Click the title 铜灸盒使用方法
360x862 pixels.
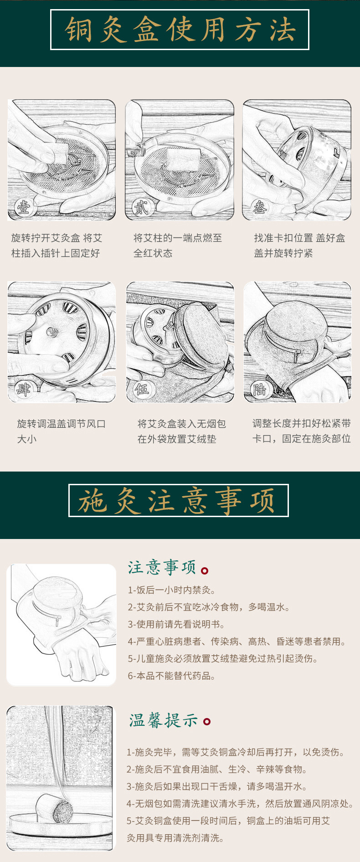pyautogui.click(x=180, y=30)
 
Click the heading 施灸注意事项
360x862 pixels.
pyautogui.click(x=178, y=501)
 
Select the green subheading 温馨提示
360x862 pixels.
pyautogui.click(x=164, y=720)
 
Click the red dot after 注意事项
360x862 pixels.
pyautogui.click(x=205, y=570)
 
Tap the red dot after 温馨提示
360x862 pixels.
pyautogui.click(x=207, y=722)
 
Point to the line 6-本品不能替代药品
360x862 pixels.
pyautogui.click(x=172, y=676)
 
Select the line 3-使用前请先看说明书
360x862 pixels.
pyautogui.click(x=176, y=624)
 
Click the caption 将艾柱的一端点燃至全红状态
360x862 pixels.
pyautogui.click(x=178, y=246)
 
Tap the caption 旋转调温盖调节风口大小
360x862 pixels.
pyautogui.click(x=61, y=431)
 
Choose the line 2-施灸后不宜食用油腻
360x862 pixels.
pyautogui.click(x=216, y=769)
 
